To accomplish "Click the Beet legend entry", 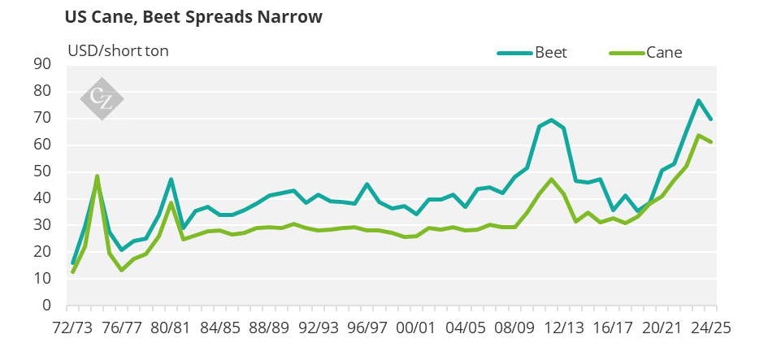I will pos(532,53).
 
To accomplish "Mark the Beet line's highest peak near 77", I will pos(698,100).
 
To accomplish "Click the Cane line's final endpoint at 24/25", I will pos(711,142).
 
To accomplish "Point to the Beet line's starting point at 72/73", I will pos(73,263).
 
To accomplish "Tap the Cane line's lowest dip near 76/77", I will pos(122,270).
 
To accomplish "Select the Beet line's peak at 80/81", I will pos(171,179).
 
